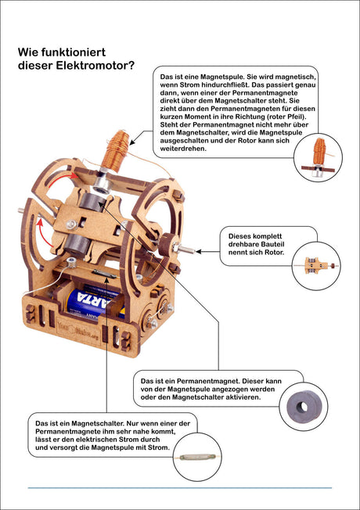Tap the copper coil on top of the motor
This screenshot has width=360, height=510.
coord(116,151)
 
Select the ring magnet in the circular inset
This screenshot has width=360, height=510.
coord(302,407)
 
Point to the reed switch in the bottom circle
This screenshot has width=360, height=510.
coord(197,457)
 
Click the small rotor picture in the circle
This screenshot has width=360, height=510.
coord(316,265)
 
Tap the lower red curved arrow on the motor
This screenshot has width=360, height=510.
coord(45,232)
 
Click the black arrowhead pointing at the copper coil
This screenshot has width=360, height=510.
coord(131,142)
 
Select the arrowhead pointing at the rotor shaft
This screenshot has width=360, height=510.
coord(198,251)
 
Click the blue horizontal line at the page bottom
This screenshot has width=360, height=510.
coord(180,488)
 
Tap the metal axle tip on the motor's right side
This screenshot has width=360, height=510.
coord(188,250)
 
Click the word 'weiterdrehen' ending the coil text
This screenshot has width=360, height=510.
coord(183,149)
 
